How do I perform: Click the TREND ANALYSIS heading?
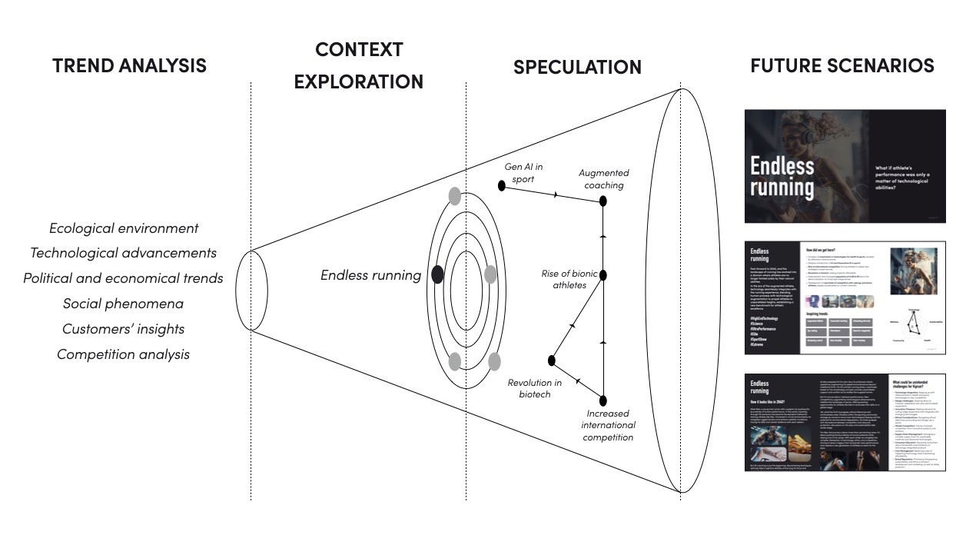129,66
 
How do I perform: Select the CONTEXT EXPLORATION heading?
359,65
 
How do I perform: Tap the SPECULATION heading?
577,68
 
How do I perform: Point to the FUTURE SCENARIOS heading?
842,66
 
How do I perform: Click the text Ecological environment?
124,228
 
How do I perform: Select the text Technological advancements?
123,253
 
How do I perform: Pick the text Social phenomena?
123,304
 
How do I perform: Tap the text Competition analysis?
123,354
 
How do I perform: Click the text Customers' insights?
123,329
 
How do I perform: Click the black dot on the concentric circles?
437,274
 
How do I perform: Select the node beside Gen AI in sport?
502,185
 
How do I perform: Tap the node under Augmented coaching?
603,201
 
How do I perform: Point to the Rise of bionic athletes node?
603,274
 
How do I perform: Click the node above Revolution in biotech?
551,360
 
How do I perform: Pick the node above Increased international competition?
603,400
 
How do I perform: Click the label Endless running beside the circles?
370,275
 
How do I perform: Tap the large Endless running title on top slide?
782,177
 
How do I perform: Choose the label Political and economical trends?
123,278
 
